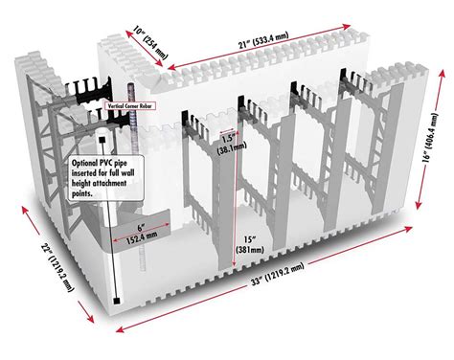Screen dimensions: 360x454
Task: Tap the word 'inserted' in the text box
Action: (87, 175)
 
